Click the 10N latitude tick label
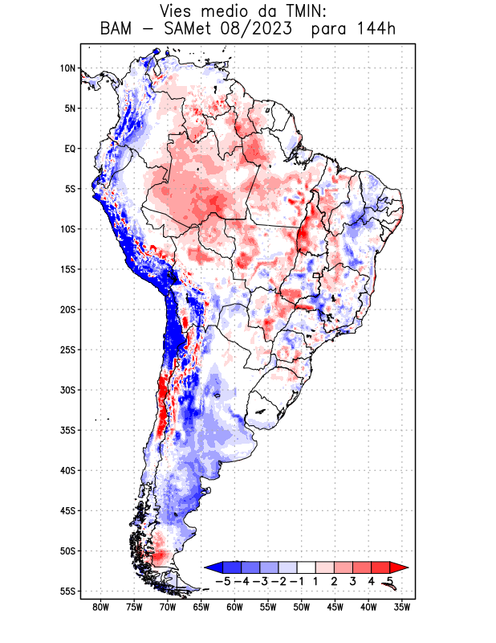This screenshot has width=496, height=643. pyautogui.click(x=67, y=68)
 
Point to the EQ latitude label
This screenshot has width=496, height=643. pyautogui.click(x=69, y=149)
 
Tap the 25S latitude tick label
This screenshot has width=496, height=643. pyautogui.click(x=67, y=350)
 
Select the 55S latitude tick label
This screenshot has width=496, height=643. pyautogui.click(x=67, y=591)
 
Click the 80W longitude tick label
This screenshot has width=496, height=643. pyautogui.click(x=101, y=607)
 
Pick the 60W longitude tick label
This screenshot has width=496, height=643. pyautogui.click(x=235, y=607)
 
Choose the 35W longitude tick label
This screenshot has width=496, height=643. pyautogui.click(x=403, y=607)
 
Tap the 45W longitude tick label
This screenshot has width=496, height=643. pyautogui.click(x=335, y=607)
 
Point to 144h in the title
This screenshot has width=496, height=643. pyautogui.click(x=374, y=30)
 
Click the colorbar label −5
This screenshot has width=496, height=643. pyautogui.click(x=222, y=580)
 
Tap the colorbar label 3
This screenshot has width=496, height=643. pyautogui.click(x=352, y=580)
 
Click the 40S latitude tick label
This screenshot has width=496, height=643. pyautogui.click(x=67, y=470)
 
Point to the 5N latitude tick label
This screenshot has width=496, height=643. pyautogui.click(x=69, y=109)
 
